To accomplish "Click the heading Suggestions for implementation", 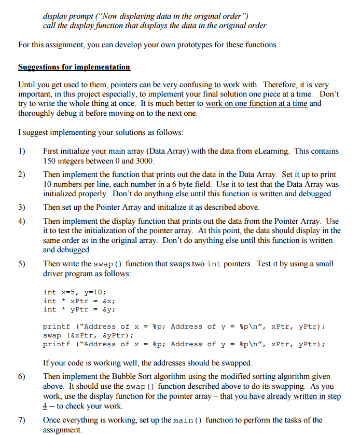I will (x=74, y=67).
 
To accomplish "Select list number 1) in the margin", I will (x=22, y=151).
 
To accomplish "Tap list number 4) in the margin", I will (x=22, y=221).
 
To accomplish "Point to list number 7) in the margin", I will (x=22, y=420).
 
